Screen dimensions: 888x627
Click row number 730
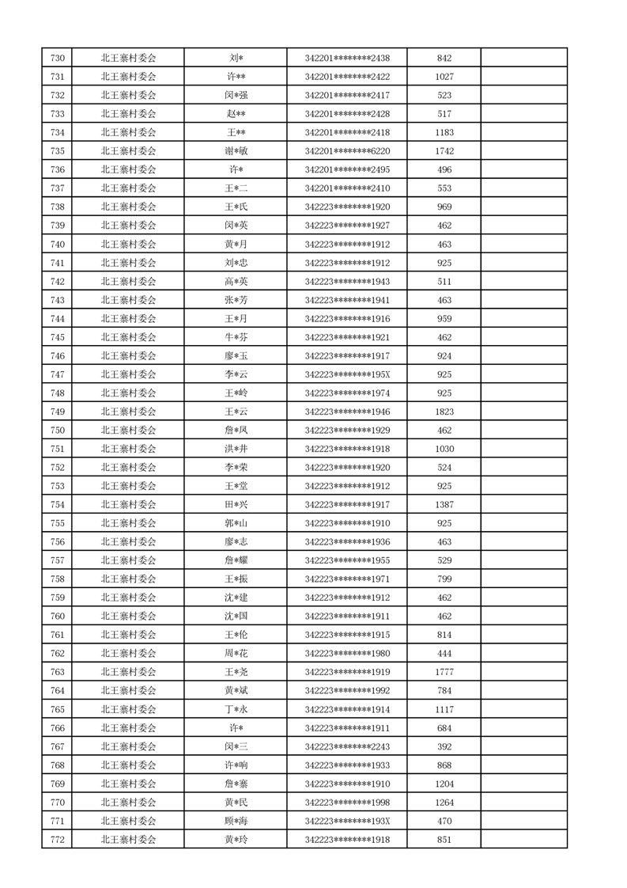click(x=57, y=58)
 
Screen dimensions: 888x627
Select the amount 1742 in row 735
click(x=444, y=151)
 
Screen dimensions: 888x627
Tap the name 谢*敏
click(x=236, y=151)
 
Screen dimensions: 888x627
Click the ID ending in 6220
click(x=347, y=151)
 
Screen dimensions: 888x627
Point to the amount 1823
click(x=444, y=412)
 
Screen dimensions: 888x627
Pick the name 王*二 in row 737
click(x=236, y=188)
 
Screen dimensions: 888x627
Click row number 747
click(x=57, y=374)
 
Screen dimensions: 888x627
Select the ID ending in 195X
click(x=347, y=374)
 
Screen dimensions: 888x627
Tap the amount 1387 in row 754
click(x=444, y=505)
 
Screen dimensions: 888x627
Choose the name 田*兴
click(x=236, y=505)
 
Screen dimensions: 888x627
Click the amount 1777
click(x=444, y=672)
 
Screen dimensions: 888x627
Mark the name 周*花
click(x=236, y=654)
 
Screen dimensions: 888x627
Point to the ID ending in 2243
click(x=347, y=746)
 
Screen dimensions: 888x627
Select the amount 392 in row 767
click(x=444, y=746)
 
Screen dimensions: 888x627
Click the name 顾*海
click(x=236, y=822)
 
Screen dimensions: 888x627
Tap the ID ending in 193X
click(x=347, y=822)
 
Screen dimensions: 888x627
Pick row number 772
click(x=57, y=840)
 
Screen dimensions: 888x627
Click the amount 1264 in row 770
click(x=444, y=803)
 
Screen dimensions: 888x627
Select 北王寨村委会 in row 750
click(x=128, y=431)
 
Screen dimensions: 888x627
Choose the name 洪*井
click(x=236, y=449)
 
